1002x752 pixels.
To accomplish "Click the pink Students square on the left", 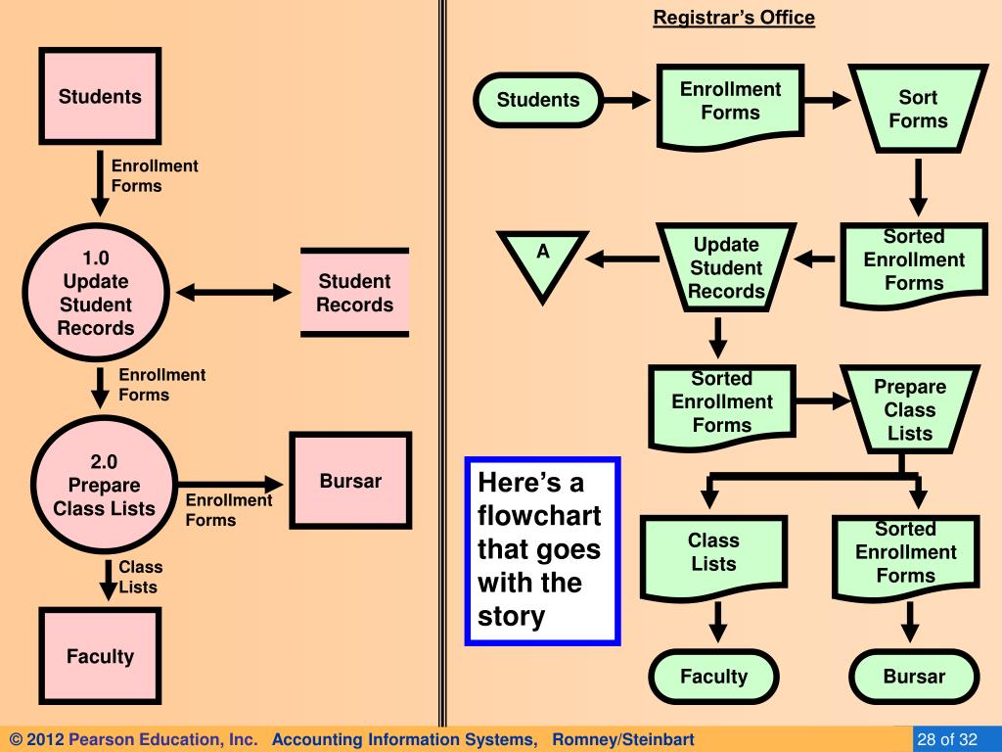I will point(99,96).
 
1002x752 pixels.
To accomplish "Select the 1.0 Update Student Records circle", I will point(95,293).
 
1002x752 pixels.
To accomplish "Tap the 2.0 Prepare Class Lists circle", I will point(104,486).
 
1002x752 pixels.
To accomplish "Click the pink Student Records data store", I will point(354,293).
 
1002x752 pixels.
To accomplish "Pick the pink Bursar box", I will point(350,481).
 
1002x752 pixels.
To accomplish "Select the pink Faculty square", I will point(100,656).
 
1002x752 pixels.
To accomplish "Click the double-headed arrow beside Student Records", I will point(235,293).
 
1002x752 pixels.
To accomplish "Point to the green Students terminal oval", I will point(537,100).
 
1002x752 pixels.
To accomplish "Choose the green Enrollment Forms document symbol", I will point(730,102).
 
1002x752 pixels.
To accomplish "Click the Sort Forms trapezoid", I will point(917,110).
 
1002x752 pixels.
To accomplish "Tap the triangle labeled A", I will point(542,260).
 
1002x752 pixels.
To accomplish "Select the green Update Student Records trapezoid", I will point(726,268).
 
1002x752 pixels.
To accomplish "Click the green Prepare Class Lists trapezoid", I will point(910,410).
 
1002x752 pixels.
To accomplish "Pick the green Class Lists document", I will point(713,553).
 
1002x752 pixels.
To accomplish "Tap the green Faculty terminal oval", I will point(713,677).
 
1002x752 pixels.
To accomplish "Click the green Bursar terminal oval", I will point(914,677).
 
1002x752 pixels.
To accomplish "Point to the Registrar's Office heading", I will point(734,18).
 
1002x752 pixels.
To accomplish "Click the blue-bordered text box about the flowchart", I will point(542,550).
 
